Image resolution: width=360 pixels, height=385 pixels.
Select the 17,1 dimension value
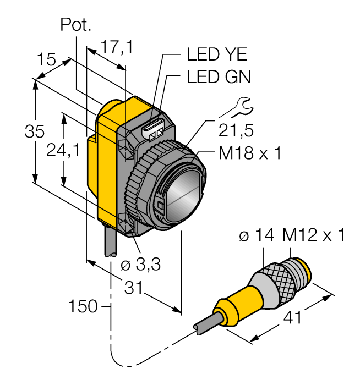[x=116, y=48]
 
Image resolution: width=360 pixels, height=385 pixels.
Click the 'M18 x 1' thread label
[x=249, y=153]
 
